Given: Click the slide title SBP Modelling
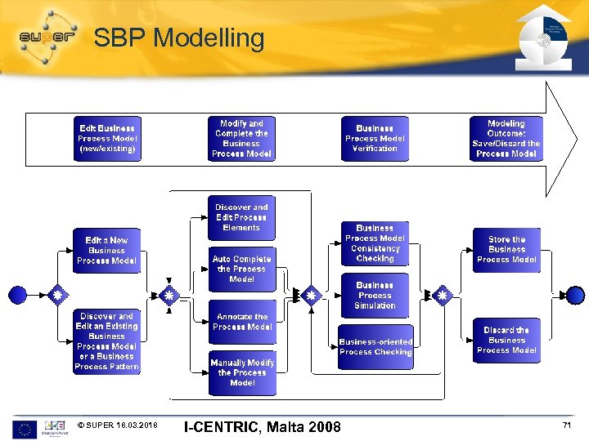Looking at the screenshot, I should pyautogui.click(x=179, y=38).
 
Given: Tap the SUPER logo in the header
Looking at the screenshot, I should pyautogui.click(x=48, y=36).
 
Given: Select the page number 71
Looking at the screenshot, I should pyautogui.click(x=566, y=426).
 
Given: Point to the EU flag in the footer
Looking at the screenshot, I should pyautogui.click(x=25, y=429).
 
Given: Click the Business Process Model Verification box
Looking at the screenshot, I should pyautogui.click(x=375, y=139).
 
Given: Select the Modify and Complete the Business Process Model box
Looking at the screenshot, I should pyautogui.click(x=241, y=139).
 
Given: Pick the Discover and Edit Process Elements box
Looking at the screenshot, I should pyautogui.click(x=241, y=218).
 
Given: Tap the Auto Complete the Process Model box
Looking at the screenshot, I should pyautogui.click(x=241, y=269).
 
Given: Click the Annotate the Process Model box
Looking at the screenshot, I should pyautogui.click(x=241, y=322).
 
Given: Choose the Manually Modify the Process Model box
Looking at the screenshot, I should pyautogui.click(x=242, y=373).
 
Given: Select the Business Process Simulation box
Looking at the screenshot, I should pyautogui.click(x=375, y=296).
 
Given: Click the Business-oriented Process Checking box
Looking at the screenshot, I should pyautogui.click(x=375, y=347).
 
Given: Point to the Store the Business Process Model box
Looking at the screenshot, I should pyautogui.click(x=506, y=250).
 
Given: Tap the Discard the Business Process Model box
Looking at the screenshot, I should pyautogui.click(x=506, y=341).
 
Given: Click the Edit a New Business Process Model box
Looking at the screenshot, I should pyautogui.click(x=106, y=251).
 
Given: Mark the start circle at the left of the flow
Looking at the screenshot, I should pyautogui.click(x=17, y=295).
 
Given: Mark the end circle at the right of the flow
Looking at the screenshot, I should pyautogui.click(x=575, y=295).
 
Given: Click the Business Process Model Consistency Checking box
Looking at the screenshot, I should pyautogui.click(x=375, y=243).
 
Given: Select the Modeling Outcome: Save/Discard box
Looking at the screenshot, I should pyautogui.click(x=506, y=139).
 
